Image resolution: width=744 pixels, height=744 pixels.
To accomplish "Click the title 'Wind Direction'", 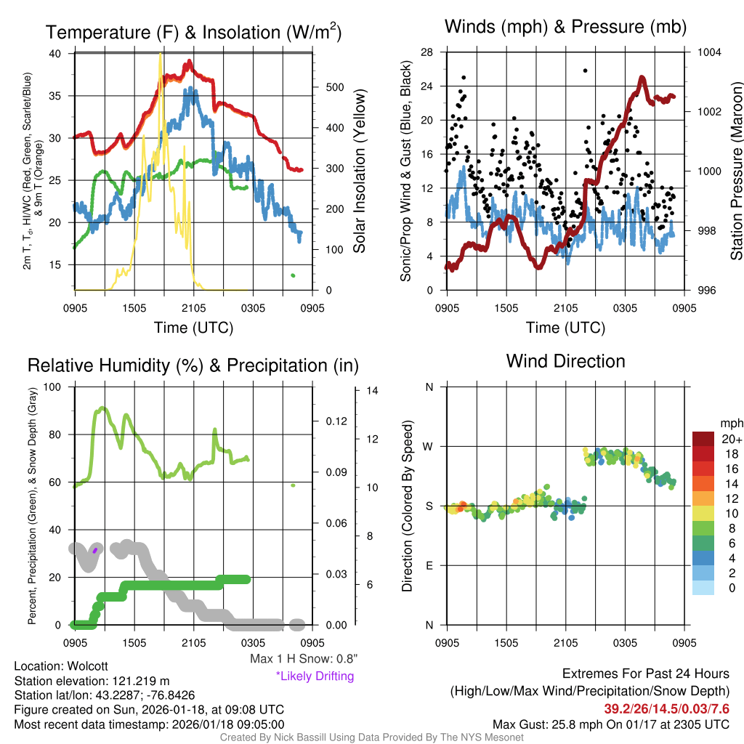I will (565, 361).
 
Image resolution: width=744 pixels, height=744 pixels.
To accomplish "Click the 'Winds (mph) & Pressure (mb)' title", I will (565, 28).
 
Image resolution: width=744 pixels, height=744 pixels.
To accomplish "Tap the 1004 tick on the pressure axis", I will (708, 52).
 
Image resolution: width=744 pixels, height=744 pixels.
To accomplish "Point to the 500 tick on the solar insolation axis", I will (334, 87).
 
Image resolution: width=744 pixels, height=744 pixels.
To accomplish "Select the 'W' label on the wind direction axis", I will (429, 446).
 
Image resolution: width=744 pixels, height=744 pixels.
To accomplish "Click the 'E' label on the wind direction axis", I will (429, 565).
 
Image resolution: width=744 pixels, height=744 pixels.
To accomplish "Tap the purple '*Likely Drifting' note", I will (315, 676).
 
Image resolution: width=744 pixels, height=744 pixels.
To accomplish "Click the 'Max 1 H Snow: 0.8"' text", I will (304, 659).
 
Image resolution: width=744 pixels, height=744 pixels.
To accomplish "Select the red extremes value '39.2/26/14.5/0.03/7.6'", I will (666, 708).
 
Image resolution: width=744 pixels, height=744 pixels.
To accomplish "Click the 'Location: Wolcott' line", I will (56, 666).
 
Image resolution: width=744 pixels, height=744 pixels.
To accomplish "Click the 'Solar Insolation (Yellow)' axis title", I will (359, 171).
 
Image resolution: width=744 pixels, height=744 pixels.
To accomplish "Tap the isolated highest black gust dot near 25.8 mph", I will (585, 70).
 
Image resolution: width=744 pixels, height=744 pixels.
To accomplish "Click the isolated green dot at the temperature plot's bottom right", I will (293, 275).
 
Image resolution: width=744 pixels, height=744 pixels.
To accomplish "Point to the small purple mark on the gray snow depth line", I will (94, 551).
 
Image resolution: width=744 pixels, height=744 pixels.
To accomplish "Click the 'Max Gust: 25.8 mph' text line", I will (611, 724).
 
